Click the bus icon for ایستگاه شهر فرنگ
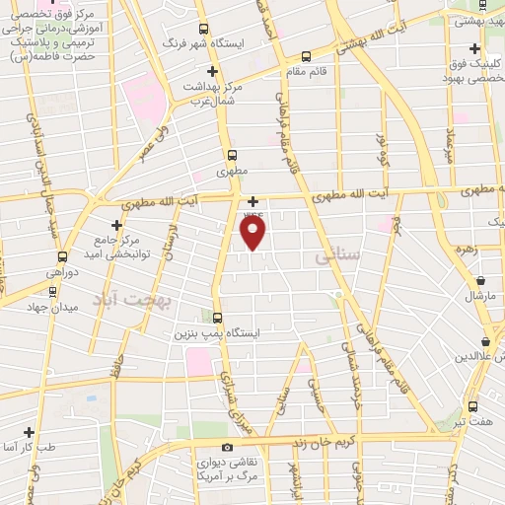(203, 29)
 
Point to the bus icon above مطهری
(233, 155)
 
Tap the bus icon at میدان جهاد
(52, 291)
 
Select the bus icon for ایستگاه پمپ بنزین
(218, 317)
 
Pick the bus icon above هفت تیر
(472, 406)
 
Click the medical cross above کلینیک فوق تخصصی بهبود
(475, 48)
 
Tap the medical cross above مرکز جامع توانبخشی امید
(117, 225)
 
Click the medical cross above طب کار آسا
(29, 432)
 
